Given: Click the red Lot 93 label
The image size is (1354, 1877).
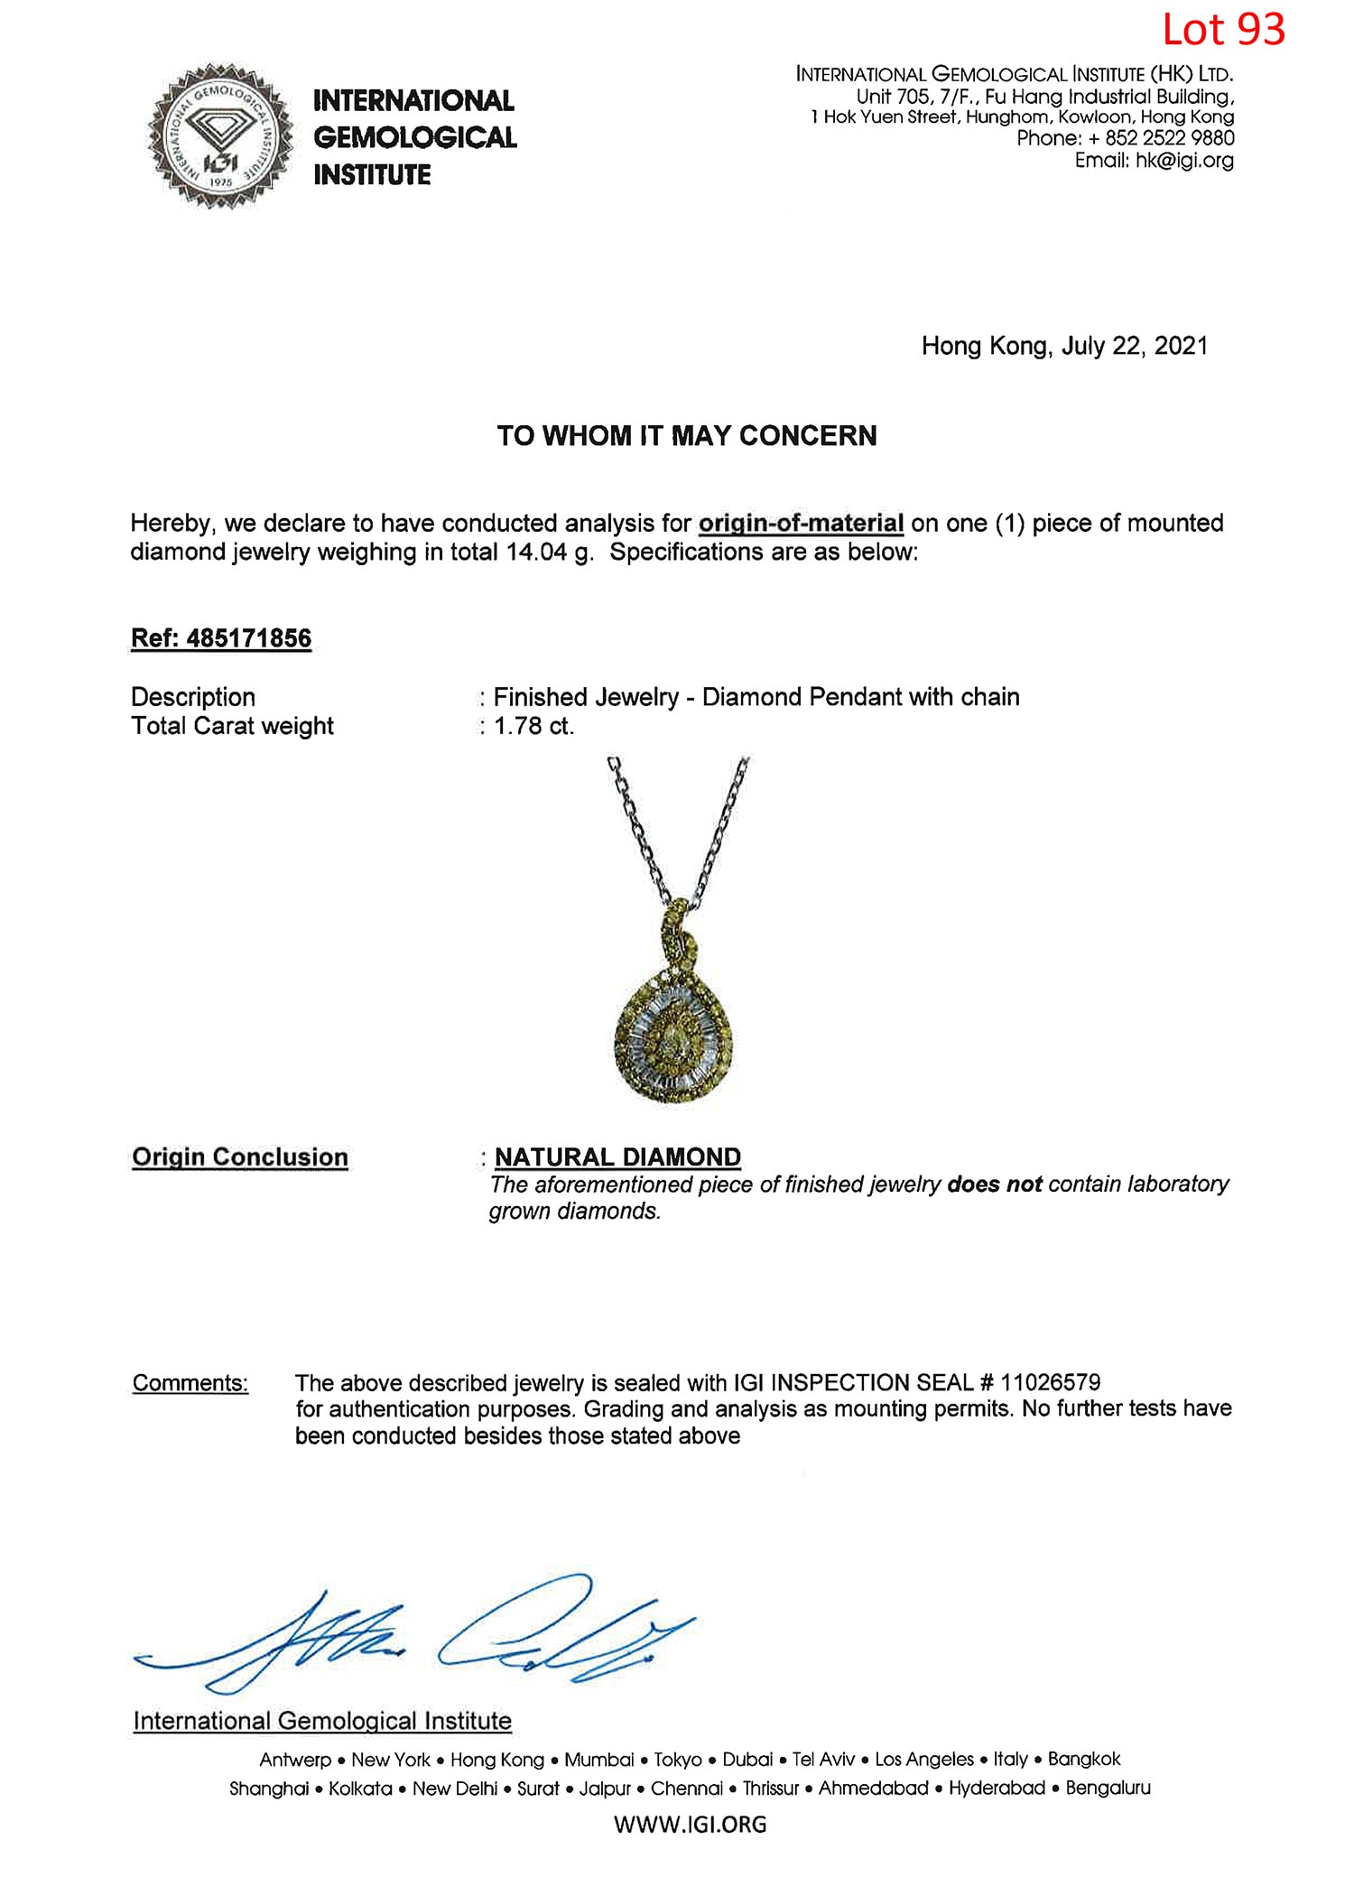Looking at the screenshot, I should point(1223,30).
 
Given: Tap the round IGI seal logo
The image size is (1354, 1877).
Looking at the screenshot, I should point(220,136).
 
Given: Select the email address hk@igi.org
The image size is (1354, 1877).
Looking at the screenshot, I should point(1184,161).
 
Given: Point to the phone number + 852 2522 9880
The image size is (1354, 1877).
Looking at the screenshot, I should point(1162,138).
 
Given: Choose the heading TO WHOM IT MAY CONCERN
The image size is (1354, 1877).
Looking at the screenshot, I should point(687,436).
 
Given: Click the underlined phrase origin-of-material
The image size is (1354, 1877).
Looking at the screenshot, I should point(801,524).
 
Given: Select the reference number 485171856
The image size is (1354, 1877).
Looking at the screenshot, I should point(248,638).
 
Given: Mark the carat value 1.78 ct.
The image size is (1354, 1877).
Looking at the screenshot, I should point(533,726).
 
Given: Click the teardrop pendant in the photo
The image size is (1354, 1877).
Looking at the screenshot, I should point(673,1034).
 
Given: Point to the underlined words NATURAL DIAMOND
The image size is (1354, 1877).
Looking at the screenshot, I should point(617,1157).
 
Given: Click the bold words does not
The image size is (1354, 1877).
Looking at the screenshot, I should point(994,1185).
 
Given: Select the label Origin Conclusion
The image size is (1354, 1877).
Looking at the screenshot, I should point(239,1157).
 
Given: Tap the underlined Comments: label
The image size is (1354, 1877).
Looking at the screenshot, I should point(190,1383).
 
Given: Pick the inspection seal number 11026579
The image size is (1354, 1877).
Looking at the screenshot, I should point(1051,1383).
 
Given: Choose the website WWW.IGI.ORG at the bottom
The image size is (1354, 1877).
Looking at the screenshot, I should point(690,1825).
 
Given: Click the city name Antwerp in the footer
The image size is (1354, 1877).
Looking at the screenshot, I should point(295,1760).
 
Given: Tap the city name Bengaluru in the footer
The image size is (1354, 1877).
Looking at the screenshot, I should point(1108,1788).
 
